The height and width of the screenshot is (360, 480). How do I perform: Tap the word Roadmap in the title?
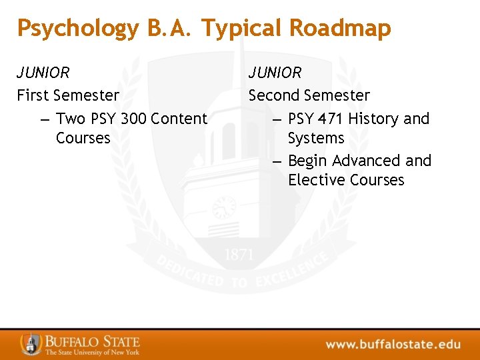click(x=340, y=28)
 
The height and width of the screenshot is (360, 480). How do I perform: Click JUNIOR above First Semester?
click(x=43, y=73)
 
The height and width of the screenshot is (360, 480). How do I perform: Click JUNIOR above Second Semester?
click(x=275, y=73)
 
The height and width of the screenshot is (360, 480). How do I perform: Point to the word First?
click(x=32, y=95)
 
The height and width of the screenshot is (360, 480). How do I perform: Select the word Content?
click(x=179, y=119)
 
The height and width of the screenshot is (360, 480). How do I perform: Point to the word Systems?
click(x=316, y=138)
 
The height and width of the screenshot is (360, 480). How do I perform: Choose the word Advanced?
click(x=366, y=161)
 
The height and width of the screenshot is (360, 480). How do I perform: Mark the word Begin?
click(x=308, y=161)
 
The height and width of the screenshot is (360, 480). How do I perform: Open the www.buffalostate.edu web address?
click(x=393, y=344)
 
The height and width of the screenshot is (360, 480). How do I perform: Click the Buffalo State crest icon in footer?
click(x=30, y=343)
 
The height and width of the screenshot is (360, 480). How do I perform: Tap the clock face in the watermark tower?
click(x=224, y=207)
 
